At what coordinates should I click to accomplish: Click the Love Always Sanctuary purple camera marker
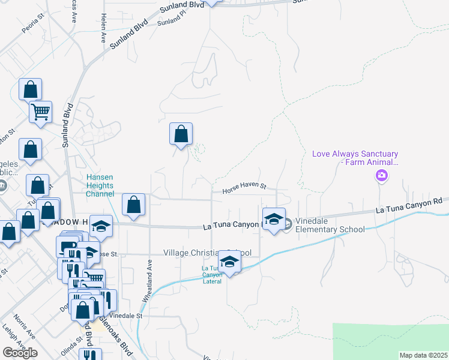click(381, 175)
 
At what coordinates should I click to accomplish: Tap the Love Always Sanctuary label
click(355, 158)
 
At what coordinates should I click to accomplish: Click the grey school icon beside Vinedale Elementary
click(288, 224)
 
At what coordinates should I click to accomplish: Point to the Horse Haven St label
click(244, 187)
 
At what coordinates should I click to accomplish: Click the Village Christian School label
click(207, 253)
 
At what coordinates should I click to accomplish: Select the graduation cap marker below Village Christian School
click(229, 262)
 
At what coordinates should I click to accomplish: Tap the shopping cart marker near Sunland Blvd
click(40, 112)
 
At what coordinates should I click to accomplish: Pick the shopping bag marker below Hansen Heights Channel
click(133, 205)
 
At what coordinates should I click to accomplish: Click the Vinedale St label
click(125, 316)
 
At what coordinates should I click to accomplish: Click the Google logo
click(20, 353)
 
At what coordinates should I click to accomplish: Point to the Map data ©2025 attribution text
click(423, 355)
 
